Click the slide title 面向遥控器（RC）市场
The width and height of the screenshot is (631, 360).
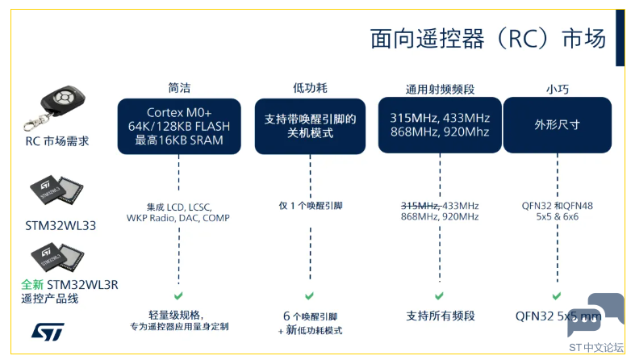point(487,39)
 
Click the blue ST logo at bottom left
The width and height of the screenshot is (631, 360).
point(48,332)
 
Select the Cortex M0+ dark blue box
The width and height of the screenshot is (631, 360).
point(179,126)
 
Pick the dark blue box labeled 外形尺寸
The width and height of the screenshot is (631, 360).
point(558,125)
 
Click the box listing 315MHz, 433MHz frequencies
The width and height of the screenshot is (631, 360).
point(440,125)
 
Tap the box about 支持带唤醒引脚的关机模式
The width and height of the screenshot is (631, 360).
point(311,126)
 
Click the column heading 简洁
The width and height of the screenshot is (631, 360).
point(179,88)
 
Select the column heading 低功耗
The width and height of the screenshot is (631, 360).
point(311,88)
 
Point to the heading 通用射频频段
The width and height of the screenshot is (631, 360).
point(440,89)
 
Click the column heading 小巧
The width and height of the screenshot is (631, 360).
point(558,89)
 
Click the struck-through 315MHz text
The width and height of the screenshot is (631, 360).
point(420,206)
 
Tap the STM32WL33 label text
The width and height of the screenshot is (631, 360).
point(61,225)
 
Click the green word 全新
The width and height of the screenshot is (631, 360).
point(32,285)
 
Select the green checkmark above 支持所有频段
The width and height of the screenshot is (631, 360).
point(440,296)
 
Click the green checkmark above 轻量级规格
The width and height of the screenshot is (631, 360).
point(178,296)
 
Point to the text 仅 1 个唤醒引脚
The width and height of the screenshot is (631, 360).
point(311,206)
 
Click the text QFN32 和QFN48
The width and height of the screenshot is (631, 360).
point(558,206)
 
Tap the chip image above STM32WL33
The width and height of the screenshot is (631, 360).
point(56,190)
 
